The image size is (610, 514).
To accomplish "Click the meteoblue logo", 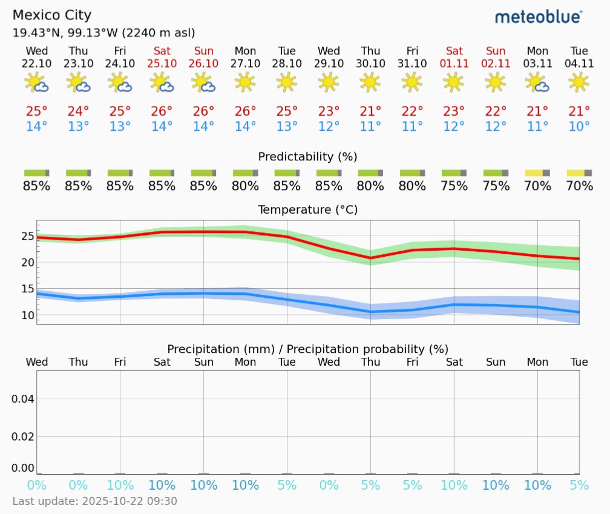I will pos(539,17).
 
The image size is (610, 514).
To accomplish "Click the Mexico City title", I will pos(51,15).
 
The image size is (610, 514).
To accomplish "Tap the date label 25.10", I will pos(162,63).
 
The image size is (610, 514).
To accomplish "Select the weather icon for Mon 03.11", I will pos(537,82).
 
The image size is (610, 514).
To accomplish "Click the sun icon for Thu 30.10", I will pos(370,82).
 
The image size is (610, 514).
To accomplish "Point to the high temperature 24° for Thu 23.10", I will pos(78,111).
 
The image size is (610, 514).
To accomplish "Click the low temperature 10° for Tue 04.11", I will pos(579,127).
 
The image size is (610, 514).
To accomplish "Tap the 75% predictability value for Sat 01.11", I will pos(454,186).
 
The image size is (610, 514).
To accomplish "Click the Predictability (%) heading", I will pos(307,157).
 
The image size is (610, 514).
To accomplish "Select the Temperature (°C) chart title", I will pos(307,210).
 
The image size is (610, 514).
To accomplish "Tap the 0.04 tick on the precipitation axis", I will pos(22,398).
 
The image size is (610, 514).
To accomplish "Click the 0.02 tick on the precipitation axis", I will pos(22,436).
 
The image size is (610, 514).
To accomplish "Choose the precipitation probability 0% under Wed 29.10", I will pos(329,485).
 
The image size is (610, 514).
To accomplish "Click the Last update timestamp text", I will pos(95,501).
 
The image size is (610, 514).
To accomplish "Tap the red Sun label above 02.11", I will pos(496,51).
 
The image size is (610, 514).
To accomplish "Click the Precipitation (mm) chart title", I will pos(307,349).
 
